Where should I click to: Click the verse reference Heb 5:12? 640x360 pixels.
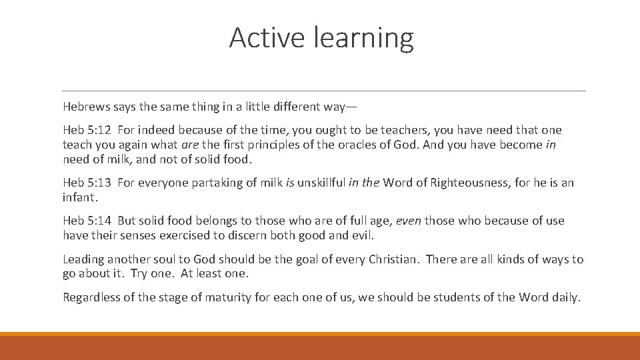tap(87, 130)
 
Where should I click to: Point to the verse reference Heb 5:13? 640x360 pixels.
tap(87, 183)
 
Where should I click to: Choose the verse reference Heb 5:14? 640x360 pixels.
tap(87, 221)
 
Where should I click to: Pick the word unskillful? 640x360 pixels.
tap(321, 183)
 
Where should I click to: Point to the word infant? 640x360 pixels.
tap(79, 197)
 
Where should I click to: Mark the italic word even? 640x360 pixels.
tap(408, 221)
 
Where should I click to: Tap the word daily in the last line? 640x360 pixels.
tap(565, 297)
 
